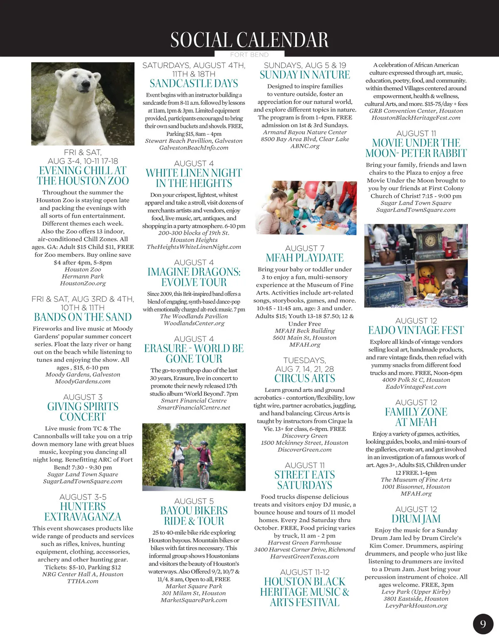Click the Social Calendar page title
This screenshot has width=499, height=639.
[x=249, y=40]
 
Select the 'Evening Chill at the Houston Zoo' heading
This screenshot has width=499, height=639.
[x=83, y=176]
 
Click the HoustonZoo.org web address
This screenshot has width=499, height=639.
[x=83, y=283]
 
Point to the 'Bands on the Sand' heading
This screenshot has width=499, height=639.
[x=83, y=317]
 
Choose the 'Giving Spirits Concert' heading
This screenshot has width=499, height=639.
[x=83, y=412]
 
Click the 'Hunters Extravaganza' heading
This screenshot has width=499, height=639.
[x=83, y=511]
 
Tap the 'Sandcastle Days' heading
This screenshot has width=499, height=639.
[x=194, y=84]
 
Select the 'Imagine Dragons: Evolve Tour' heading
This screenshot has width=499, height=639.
[x=194, y=277]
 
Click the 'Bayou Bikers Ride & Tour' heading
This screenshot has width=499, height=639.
[x=194, y=516]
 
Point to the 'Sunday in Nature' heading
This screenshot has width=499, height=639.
[x=305, y=75]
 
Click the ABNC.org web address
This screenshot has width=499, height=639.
[x=305, y=146]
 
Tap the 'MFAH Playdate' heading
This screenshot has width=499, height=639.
[x=305, y=258]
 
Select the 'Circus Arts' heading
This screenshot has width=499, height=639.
[x=305, y=378]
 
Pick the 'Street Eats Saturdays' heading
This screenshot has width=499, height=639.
[x=305, y=480]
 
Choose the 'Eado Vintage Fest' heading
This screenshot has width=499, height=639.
[x=416, y=330]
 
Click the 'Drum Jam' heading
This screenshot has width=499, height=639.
[x=416, y=519]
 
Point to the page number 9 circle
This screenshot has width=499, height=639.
[x=483, y=624]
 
